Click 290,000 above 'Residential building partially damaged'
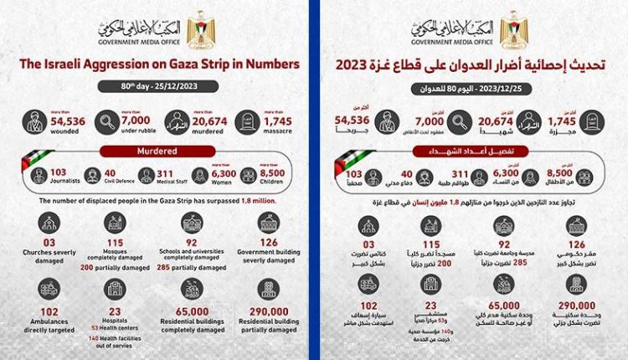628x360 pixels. point(270,305)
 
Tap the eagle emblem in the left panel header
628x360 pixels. point(198,28)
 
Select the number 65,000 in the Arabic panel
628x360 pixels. point(498,305)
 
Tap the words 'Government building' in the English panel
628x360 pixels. point(270,250)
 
